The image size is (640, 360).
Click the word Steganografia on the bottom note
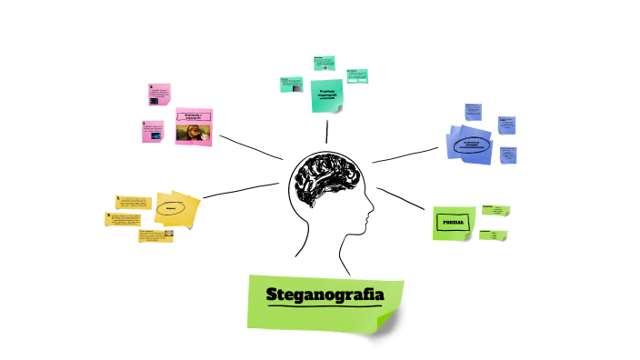click(325, 295)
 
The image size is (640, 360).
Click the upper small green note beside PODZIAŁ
click(495, 211)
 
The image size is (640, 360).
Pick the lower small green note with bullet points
click(493, 235)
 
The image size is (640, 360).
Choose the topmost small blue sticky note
click(474, 112)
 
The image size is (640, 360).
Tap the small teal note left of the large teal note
click(291, 84)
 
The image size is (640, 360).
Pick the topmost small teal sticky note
click(325, 64)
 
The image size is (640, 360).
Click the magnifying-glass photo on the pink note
click(194, 134)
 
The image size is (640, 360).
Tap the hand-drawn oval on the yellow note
click(171, 208)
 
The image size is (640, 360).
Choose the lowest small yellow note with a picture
click(156, 235)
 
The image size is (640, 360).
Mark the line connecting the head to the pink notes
click(250, 148)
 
